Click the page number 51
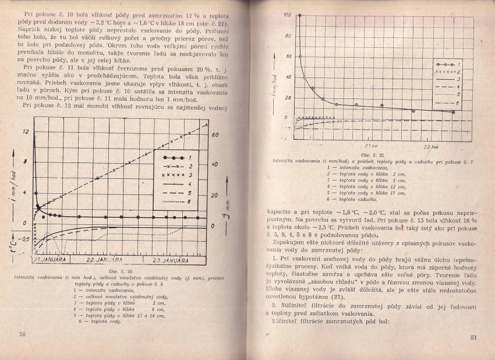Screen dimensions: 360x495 click(x=473, y=337)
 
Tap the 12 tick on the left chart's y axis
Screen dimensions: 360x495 click(x=26, y=132)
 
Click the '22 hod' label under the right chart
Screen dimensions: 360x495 click(x=430, y=146)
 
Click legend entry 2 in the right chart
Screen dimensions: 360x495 click(x=448, y=71)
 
